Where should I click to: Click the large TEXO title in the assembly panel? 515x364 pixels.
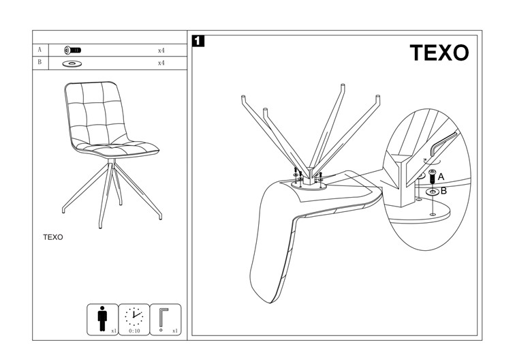click(439, 53)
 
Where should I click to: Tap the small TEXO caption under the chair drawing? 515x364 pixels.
click(53, 237)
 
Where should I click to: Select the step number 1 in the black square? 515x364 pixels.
click(198, 41)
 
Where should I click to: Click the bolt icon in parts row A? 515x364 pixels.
click(72, 50)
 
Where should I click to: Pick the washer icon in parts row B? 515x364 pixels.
click(71, 63)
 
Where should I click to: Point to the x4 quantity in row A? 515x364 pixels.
click(161, 50)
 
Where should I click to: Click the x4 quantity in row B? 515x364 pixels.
click(161, 63)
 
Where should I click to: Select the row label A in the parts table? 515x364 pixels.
click(40, 50)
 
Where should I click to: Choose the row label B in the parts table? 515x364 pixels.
click(40, 63)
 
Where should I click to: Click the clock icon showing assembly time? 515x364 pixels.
click(134, 315)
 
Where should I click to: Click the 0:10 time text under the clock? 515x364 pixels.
click(134, 331)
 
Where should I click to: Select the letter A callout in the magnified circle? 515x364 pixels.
click(441, 177)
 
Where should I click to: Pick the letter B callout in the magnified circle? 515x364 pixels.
click(443, 191)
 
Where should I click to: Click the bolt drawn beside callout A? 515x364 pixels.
click(431, 177)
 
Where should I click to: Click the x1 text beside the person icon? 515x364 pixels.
click(114, 331)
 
